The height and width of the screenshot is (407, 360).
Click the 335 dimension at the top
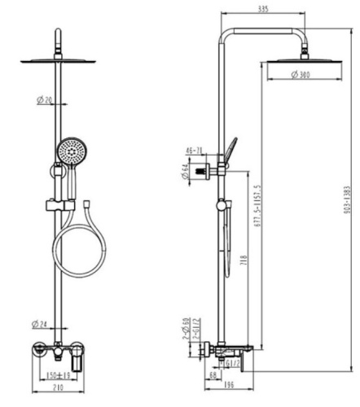tap(262, 10)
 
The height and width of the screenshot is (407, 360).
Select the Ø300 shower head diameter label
tap(303, 76)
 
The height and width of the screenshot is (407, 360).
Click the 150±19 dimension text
tap(57, 376)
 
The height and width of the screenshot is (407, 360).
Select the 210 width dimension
tap(56, 390)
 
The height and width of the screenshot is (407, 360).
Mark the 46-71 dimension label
tap(195, 151)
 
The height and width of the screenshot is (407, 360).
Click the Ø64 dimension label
tap(187, 172)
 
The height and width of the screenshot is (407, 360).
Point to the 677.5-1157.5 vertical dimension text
tap(258, 203)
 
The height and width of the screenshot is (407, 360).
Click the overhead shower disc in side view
tap(304, 60)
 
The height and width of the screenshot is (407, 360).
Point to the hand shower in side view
tap(232, 150)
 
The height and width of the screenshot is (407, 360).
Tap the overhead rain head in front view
tap(57, 60)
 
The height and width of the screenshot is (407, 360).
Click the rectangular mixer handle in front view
tap(78, 358)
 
